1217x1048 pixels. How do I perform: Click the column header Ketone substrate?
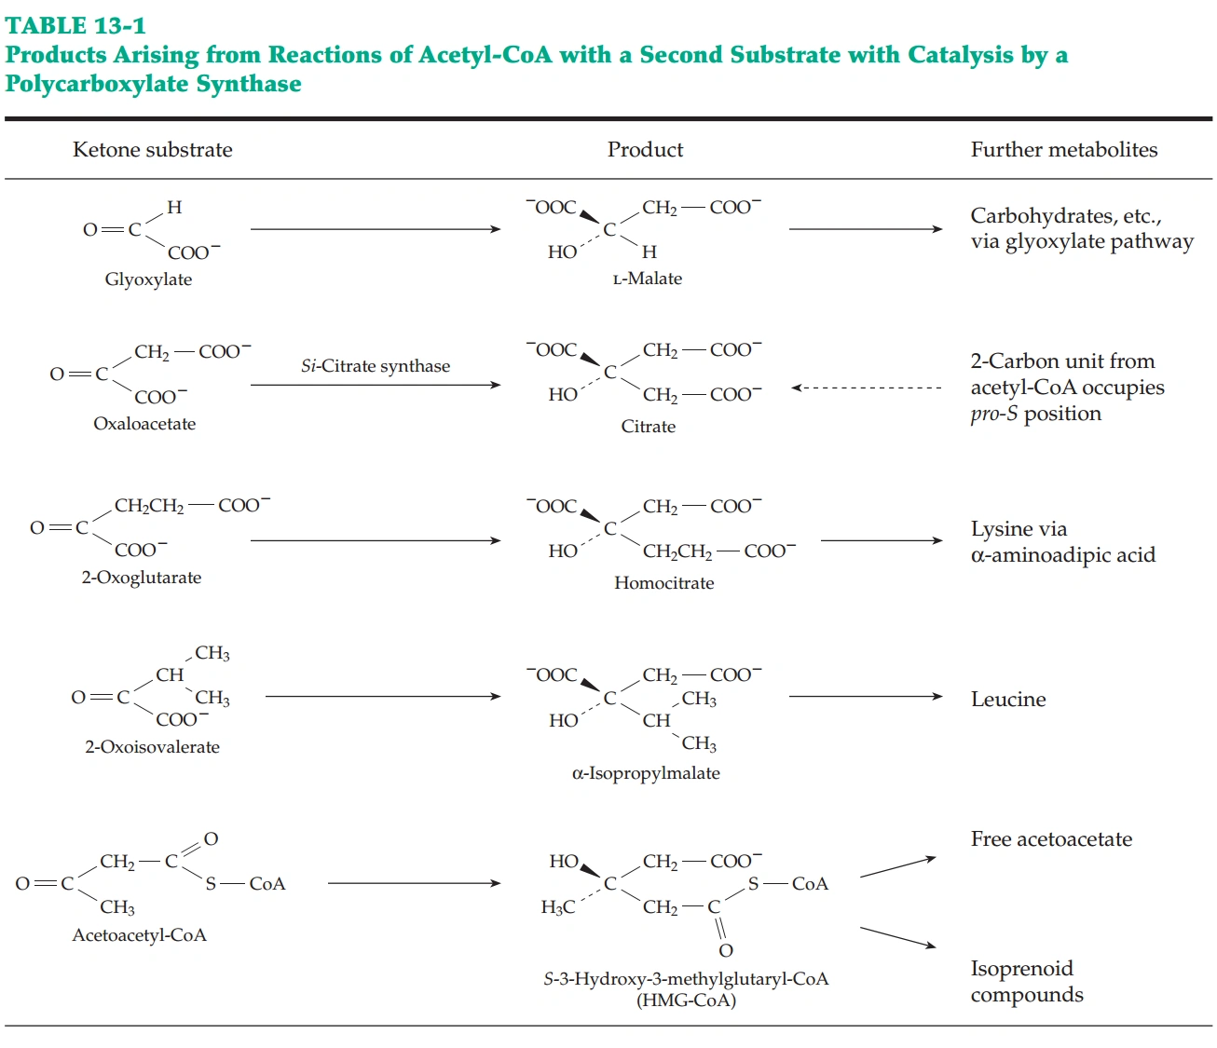[x=153, y=150]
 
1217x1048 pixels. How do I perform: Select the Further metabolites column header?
[x=1064, y=150]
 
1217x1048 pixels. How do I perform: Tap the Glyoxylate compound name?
[x=148, y=279]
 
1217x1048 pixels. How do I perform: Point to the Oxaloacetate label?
[x=144, y=424]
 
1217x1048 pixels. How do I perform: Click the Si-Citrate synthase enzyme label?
[x=376, y=366]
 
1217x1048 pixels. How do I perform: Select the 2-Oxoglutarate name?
[x=142, y=578]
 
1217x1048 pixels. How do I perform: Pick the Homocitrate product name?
[x=664, y=583]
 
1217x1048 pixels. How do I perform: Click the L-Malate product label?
[x=648, y=279]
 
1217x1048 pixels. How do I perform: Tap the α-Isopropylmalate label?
[x=646, y=773]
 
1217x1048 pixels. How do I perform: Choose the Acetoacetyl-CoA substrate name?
[x=140, y=935]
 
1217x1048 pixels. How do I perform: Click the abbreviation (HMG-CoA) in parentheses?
[x=686, y=1000]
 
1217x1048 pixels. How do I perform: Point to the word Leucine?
[x=1008, y=700]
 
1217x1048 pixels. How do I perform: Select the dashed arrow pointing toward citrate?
[x=867, y=388]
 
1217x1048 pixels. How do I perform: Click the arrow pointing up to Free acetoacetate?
[x=897, y=866]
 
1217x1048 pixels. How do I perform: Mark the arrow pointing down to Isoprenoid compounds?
[x=897, y=937]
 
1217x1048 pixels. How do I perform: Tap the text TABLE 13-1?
[x=75, y=25]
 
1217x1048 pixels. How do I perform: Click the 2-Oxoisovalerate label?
[x=153, y=747]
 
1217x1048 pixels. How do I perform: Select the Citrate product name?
[x=649, y=427]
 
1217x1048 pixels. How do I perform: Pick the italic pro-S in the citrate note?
[x=994, y=414]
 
